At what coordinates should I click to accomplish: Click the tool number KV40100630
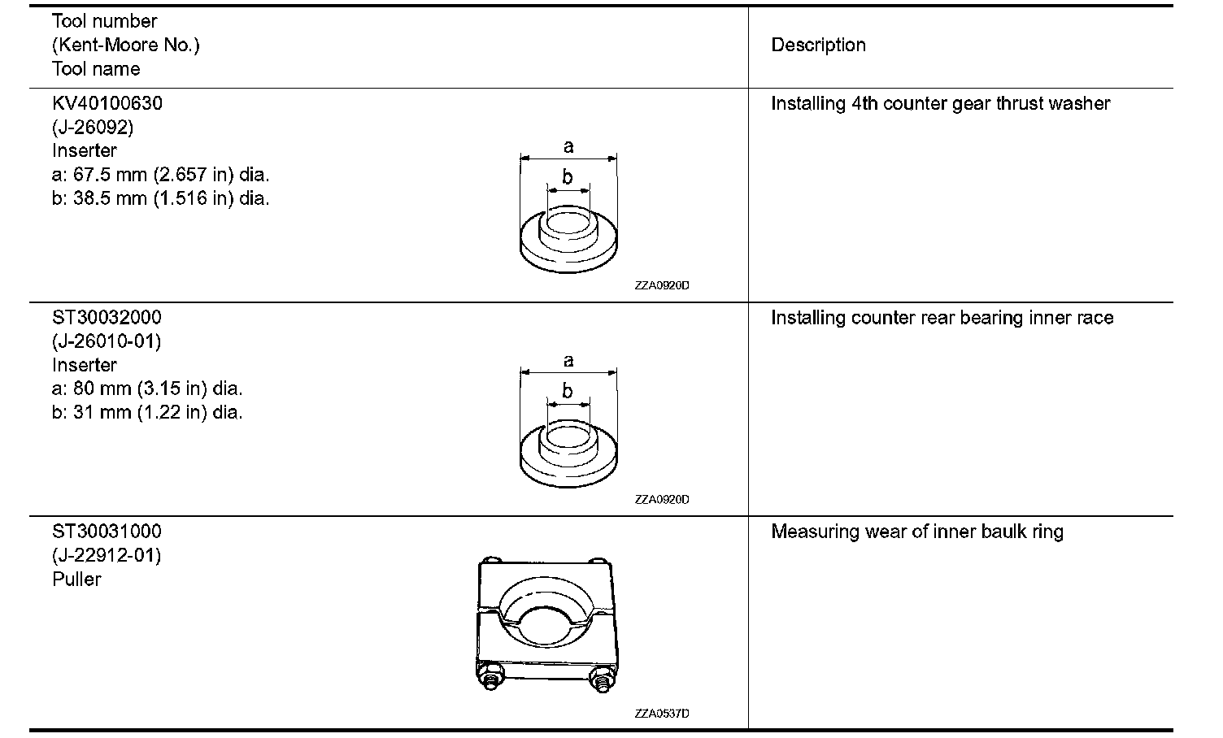(x=107, y=104)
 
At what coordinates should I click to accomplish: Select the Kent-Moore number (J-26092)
(x=93, y=128)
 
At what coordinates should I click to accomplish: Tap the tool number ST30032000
(x=107, y=318)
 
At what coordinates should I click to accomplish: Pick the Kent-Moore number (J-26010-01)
(x=107, y=341)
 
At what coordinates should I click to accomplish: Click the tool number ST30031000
(x=107, y=532)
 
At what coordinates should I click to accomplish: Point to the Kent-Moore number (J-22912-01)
(x=107, y=555)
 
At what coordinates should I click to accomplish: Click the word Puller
(x=76, y=580)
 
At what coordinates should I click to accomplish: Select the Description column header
(x=818, y=46)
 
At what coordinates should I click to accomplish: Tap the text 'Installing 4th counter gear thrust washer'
(x=940, y=104)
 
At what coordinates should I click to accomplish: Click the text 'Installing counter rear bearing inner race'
(x=942, y=318)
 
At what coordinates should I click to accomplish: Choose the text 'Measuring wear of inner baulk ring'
(x=917, y=532)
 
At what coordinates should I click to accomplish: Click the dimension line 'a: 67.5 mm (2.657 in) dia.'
(x=161, y=175)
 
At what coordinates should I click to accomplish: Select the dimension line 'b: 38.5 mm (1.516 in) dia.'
(x=161, y=198)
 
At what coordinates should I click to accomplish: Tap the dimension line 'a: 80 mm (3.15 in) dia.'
(x=147, y=389)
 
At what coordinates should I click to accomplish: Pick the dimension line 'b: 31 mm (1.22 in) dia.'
(x=147, y=412)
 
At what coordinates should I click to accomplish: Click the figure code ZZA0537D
(x=662, y=714)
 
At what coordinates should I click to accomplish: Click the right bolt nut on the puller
(x=602, y=679)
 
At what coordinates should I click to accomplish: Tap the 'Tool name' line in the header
(x=96, y=69)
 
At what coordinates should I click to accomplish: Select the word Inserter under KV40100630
(x=85, y=151)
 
